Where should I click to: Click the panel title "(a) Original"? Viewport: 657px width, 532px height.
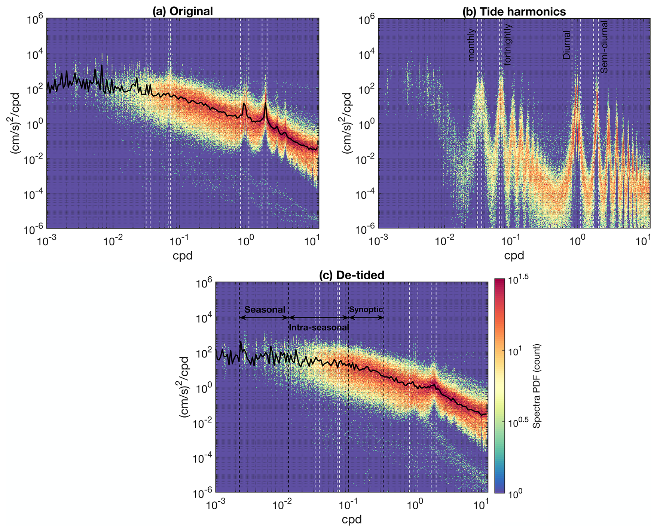(x=183, y=11)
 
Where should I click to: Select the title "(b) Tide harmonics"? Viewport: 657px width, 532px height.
(x=514, y=12)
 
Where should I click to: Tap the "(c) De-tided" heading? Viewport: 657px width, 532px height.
(x=352, y=275)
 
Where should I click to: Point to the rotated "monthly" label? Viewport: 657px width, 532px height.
(x=471, y=45)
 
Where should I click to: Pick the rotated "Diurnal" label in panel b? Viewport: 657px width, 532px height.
(x=567, y=45)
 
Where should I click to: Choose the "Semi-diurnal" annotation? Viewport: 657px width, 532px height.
(x=604, y=47)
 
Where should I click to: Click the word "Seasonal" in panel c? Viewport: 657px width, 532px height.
(x=265, y=310)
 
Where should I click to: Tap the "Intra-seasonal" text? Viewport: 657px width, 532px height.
(x=319, y=327)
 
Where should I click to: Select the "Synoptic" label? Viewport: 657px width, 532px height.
(x=366, y=309)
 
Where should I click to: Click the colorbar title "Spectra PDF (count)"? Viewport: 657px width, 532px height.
(x=537, y=386)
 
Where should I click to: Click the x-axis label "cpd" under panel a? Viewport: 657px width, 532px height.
(x=183, y=255)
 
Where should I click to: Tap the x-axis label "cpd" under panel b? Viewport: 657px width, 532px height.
(x=514, y=255)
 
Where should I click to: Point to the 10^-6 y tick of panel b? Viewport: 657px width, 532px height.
(x=366, y=229)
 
